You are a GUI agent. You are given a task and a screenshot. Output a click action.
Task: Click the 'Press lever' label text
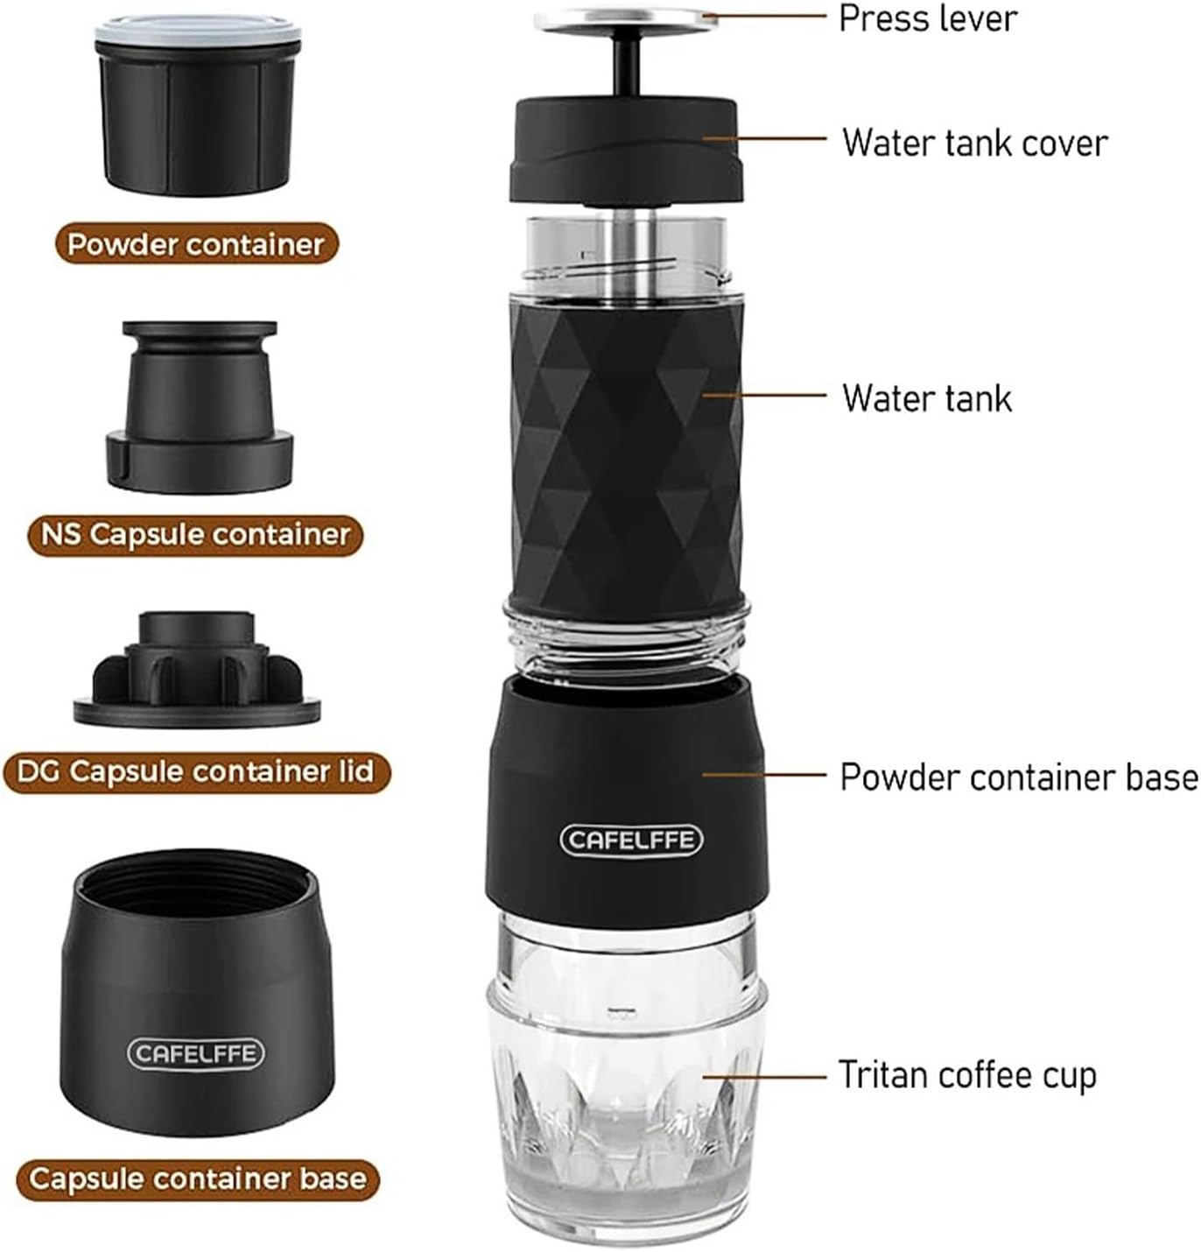(928, 18)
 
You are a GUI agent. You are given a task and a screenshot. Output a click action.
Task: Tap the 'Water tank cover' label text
(974, 142)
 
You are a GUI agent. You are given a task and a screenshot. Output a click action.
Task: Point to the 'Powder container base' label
(1019, 777)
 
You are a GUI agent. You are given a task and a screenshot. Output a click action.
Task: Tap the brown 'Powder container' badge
(196, 244)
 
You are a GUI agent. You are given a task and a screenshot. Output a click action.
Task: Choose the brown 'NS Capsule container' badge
(195, 535)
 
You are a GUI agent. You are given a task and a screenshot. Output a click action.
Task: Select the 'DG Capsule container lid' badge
(196, 771)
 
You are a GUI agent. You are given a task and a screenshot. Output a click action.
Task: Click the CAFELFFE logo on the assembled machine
(631, 840)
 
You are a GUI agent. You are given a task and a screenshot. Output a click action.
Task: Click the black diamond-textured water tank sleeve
(627, 459)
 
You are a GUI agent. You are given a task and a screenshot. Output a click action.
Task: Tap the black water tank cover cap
(627, 150)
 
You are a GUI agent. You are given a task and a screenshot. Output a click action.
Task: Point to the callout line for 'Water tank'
(763, 394)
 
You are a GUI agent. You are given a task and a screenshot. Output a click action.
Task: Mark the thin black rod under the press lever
(625, 67)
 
